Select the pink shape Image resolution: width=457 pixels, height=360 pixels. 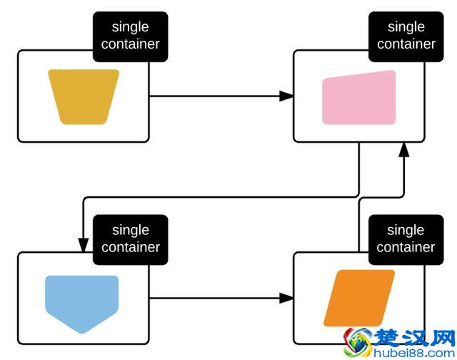coord(358,98)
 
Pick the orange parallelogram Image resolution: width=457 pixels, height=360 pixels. coord(359,298)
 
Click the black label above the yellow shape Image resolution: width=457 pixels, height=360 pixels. coord(130,36)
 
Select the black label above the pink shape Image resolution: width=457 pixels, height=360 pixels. coord(406,36)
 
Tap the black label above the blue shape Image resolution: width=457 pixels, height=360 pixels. coord(130,239)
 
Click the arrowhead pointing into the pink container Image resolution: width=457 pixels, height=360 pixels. coord(286,96)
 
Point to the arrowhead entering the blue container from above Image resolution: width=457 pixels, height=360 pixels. coord(84,245)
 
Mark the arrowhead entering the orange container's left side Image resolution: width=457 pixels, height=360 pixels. coord(286,298)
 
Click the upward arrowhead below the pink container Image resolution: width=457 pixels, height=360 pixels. coord(404,149)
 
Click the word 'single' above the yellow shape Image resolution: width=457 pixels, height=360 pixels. coord(130,27)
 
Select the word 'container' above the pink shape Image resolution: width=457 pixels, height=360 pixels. coord(406,44)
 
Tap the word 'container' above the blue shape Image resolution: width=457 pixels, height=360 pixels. coord(130,247)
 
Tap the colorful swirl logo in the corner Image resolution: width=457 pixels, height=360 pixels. coord(359,343)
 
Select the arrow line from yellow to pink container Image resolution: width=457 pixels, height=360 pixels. coord(214,96)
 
